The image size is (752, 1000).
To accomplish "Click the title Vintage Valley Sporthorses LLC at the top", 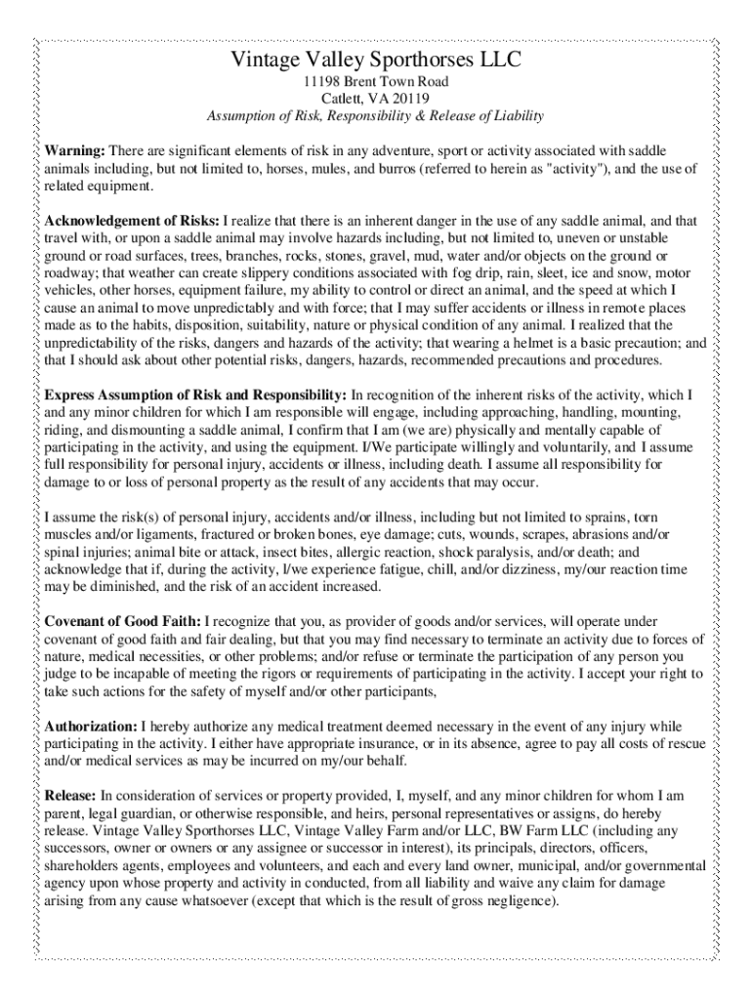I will pyautogui.click(x=376, y=62).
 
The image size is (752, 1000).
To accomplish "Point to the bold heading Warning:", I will pyautogui.click(x=75, y=151).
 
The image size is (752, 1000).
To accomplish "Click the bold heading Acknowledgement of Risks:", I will pyautogui.click(x=133, y=221).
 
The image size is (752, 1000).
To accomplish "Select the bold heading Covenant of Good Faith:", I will pyautogui.click(x=123, y=620).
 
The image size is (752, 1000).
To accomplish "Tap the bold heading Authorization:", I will pyautogui.click(x=91, y=727).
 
